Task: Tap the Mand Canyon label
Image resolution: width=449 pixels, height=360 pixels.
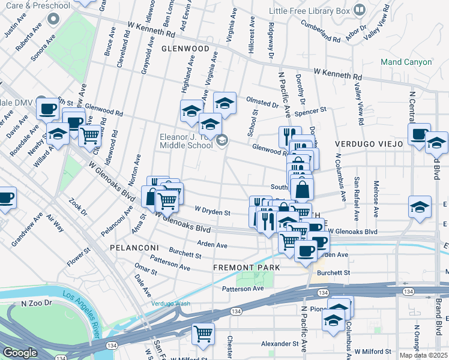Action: pyautogui.click(x=406, y=62)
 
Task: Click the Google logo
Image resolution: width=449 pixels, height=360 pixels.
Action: pyautogui.click(x=20, y=353)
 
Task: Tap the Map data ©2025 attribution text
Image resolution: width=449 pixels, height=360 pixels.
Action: pyautogui.click(x=424, y=355)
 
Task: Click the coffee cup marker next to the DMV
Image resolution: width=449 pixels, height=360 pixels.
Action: pyautogui.click(x=48, y=109)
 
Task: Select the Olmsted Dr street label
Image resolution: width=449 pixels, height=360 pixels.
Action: pyautogui.click(x=262, y=102)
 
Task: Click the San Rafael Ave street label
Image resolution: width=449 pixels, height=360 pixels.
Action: pyautogui.click(x=357, y=197)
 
